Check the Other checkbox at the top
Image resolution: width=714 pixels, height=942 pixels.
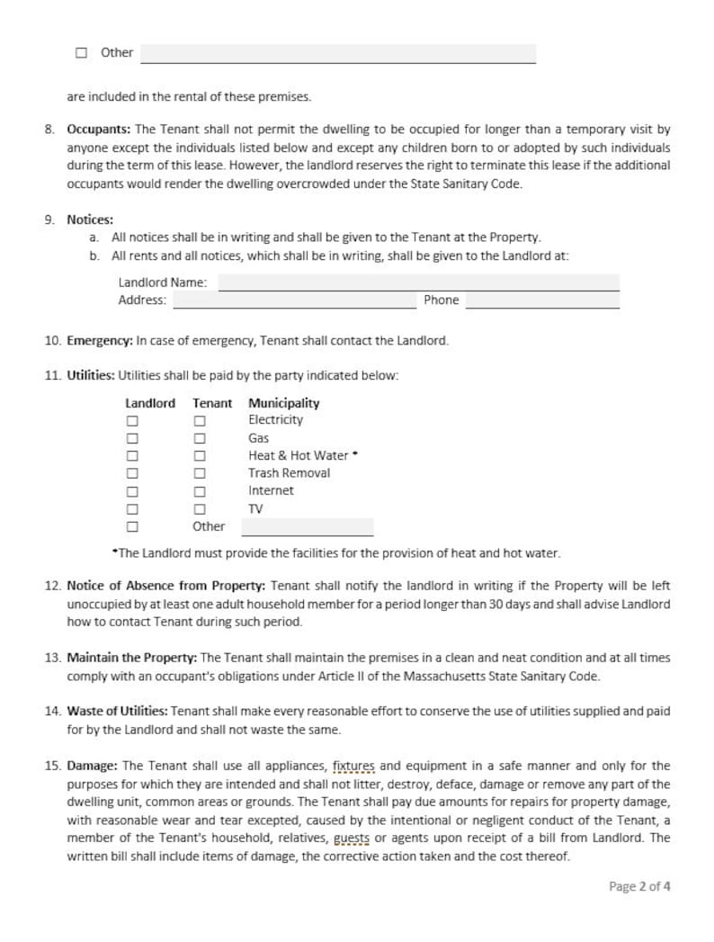click(82, 53)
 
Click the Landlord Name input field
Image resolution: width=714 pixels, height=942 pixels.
click(418, 283)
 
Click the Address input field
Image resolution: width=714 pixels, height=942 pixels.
click(294, 301)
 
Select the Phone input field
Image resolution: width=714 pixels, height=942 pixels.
click(542, 301)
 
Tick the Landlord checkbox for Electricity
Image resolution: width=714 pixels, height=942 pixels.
click(132, 421)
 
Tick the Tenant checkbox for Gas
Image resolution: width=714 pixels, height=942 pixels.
click(201, 438)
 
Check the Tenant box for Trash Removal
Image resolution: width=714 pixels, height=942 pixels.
click(201, 473)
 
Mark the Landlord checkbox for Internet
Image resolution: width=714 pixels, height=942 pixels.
click(132, 491)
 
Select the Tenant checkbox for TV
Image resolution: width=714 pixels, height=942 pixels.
click(201, 509)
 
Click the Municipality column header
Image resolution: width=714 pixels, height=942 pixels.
click(283, 403)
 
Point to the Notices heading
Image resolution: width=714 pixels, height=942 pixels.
click(90, 220)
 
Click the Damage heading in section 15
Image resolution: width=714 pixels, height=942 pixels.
click(92, 767)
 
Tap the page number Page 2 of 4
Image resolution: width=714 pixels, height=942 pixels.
click(638, 886)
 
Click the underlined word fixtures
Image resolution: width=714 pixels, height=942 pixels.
click(354, 767)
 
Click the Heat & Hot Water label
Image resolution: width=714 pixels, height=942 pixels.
click(299, 456)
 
